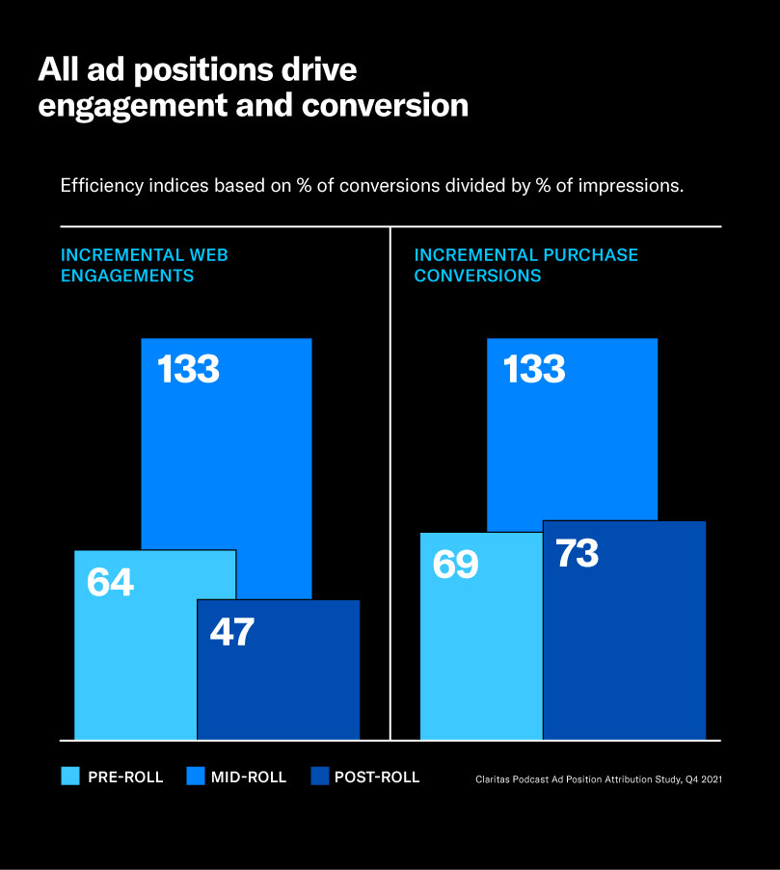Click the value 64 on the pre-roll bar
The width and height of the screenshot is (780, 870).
click(x=110, y=583)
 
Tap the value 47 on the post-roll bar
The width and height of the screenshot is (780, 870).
click(x=231, y=632)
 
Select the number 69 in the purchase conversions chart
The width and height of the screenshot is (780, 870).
click(x=455, y=565)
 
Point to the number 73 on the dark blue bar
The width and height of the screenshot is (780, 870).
click(x=578, y=553)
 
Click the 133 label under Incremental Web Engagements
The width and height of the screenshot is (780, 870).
click(x=188, y=369)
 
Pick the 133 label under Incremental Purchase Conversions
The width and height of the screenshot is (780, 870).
click(x=533, y=369)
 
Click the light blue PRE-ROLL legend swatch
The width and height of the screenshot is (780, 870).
click(x=70, y=777)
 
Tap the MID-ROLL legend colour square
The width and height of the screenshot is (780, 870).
click(x=196, y=777)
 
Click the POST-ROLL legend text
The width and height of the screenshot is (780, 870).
click(x=377, y=778)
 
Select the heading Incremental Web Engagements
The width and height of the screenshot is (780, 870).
click(x=145, y=265)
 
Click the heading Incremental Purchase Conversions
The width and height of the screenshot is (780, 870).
click(x=525, y=265)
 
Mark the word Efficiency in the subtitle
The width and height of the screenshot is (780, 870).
click(x=94, y=185)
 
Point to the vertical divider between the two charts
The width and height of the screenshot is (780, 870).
click(x=390, y=482)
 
